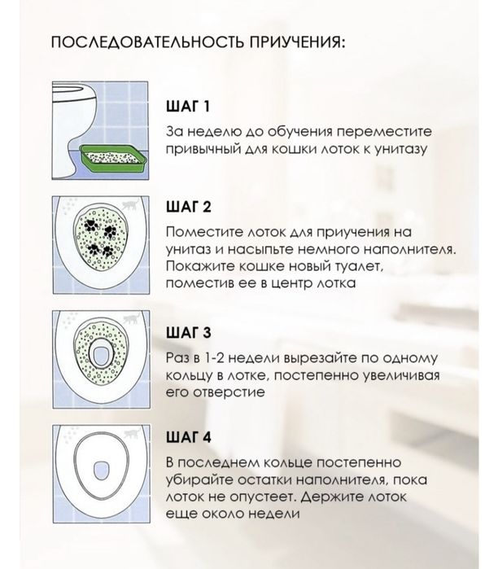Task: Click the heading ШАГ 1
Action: pyautogui.click(x=187, y=106)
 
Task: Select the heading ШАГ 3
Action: pyautogui.click(x=189, y=332)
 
